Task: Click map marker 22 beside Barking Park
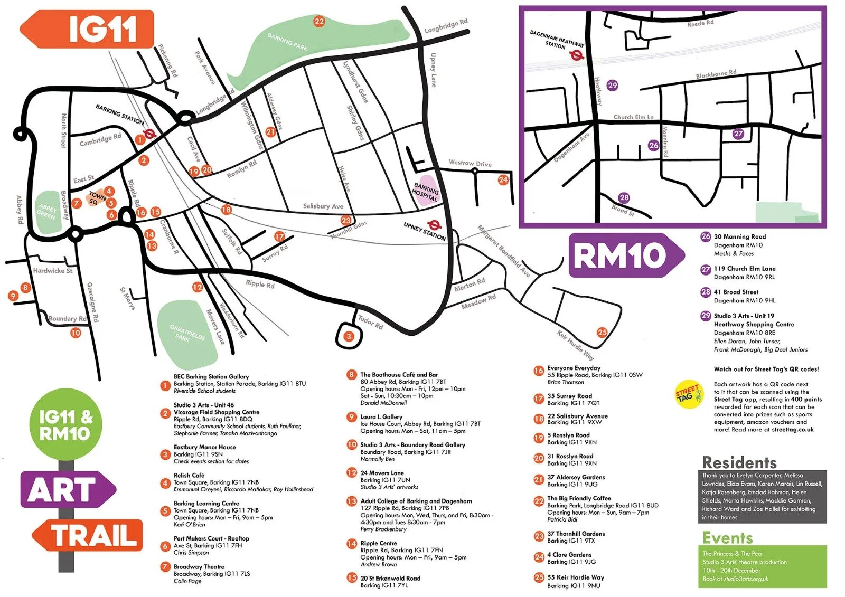coord(319,22)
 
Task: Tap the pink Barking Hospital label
coord(426,191)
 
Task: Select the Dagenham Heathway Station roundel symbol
coord(577,54)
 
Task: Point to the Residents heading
coord(739,463)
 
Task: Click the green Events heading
coord(727,538)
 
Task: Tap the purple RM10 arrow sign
coord(626,256)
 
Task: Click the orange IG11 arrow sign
coord(88,29)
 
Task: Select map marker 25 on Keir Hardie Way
coord(602,332)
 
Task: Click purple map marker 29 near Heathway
coord(612,85)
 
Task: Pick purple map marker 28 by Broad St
coord(624,198)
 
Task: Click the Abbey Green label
coord(47,212)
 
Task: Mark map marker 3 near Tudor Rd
coord(349,336)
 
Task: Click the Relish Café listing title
coord(189,475)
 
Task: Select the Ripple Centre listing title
coord(378,543)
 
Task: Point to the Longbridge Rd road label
coord(446,26)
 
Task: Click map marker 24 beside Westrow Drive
coord(503,180)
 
